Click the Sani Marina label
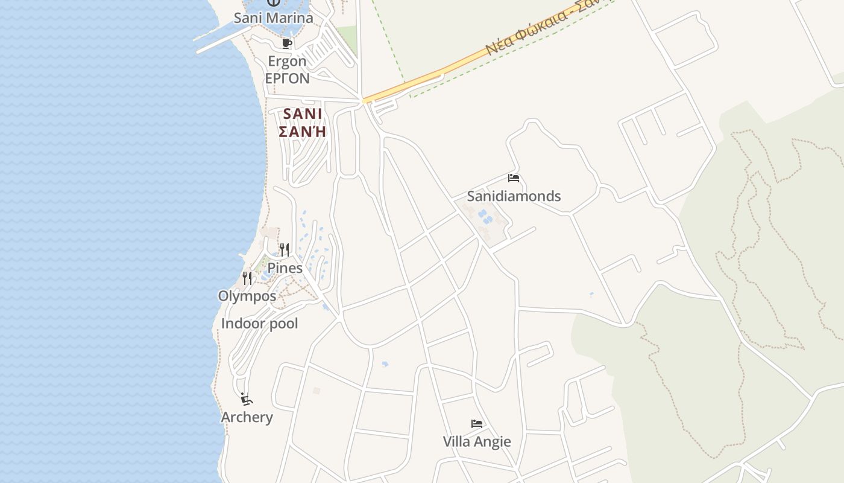273,18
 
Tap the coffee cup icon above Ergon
287,43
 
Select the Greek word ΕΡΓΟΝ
287,78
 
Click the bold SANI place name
303,114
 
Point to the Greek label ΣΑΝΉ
303,131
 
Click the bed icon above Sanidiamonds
514,178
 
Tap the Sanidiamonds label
514,196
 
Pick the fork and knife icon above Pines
285,249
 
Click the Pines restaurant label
285,267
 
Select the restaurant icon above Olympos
247,278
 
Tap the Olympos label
247,296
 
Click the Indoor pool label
259,324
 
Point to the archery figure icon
246,399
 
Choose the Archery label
247,417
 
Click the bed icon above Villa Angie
477,424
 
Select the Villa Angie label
477,442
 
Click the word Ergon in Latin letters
287,62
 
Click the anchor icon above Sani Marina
273,3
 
